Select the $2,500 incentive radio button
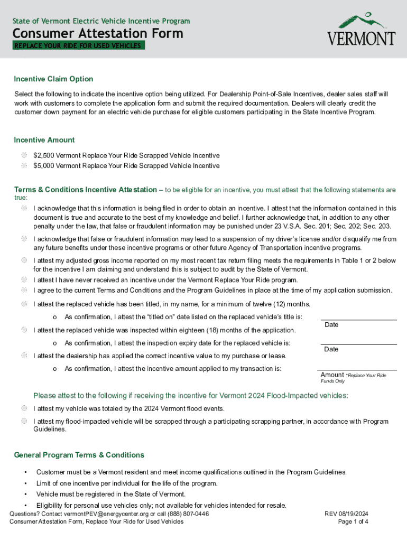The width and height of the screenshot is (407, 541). pyautogui.click(x=24, y=155)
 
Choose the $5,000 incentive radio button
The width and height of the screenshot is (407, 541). pyautogui.click(x=24, y=165)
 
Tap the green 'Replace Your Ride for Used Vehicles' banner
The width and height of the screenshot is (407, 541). pyautogui.click(x=78, y=46)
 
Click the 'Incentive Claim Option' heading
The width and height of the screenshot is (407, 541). pyautogui.click(x=53, y=79)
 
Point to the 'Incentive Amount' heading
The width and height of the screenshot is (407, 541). pyautogui.click(x=44, y=140)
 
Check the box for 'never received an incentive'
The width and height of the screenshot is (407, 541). pyautogui.click(x=24, y=279)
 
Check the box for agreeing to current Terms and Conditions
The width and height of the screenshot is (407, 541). pyautogui.click(x=24, y=290)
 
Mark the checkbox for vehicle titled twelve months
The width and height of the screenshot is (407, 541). pyautogui.click(x=24, y=304)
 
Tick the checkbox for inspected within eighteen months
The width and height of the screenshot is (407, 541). pyautogui.click(x=24, y=330)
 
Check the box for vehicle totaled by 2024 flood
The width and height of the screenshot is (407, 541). pyautogui.click(x=24, y=408)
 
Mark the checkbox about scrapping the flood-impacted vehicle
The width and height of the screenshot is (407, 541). pyautogui.click(x=24, y=421)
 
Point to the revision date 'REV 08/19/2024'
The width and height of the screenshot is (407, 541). pyautogui.click(x=346, y=514)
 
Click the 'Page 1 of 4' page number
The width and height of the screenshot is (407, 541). pyautogui.click(x=353, y=522)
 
